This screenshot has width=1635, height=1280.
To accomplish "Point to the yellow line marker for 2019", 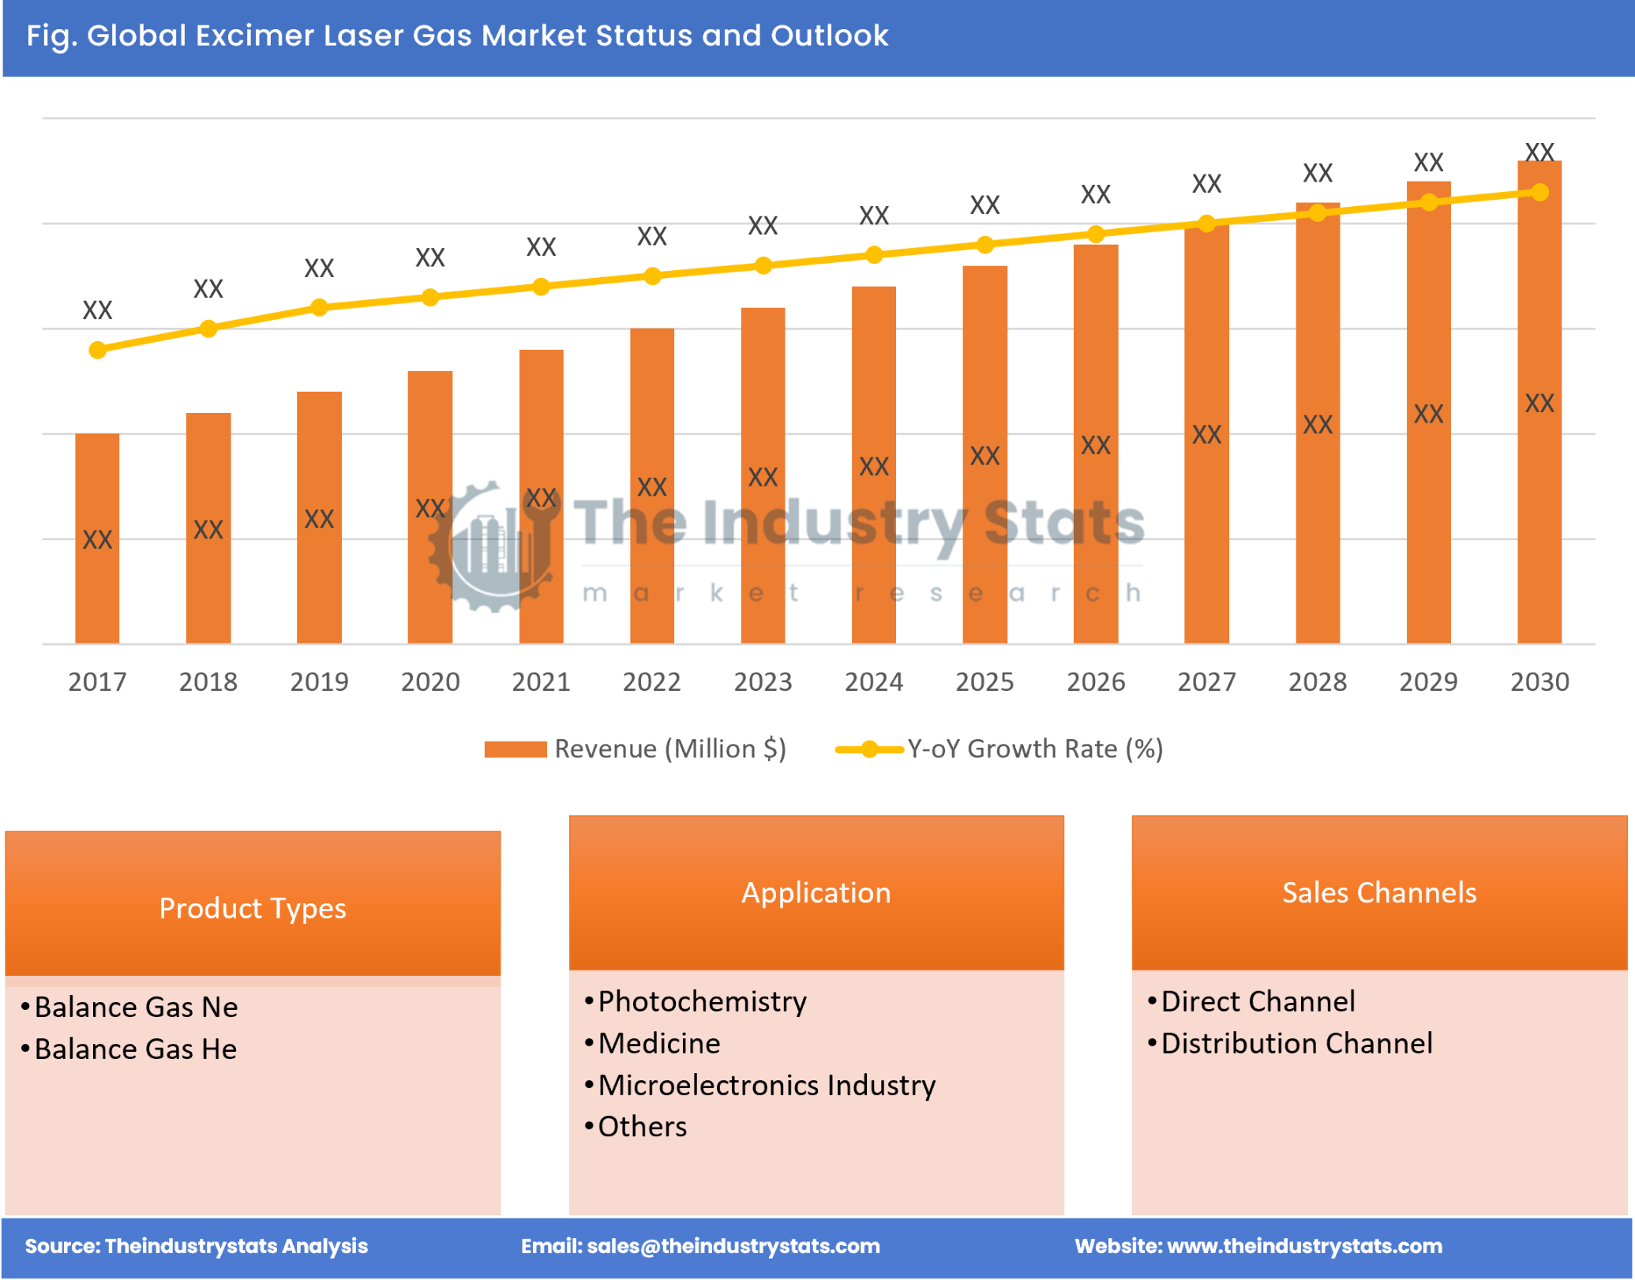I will [319, 307].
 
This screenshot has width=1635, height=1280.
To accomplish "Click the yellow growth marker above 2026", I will [1095, 235].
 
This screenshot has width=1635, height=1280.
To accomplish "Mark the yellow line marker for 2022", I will [652, 276].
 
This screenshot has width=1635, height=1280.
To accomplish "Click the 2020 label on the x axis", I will [430, 681].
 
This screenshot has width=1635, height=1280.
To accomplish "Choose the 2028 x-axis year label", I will [1318, 681].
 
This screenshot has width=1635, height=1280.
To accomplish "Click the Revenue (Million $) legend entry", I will [636, 749].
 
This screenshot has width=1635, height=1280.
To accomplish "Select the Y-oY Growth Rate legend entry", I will [999, 749].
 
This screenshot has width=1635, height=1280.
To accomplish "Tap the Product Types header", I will [253, 908].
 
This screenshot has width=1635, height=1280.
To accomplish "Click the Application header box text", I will [816, 893].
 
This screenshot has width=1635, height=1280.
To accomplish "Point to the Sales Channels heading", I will [1378, 893].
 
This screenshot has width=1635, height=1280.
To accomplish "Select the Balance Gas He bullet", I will [136, 1049].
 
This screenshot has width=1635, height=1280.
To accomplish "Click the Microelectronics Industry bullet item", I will [767, 1086].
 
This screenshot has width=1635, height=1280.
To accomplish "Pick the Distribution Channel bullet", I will [1296, 1044].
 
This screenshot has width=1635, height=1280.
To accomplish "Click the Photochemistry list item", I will [702, 1002].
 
